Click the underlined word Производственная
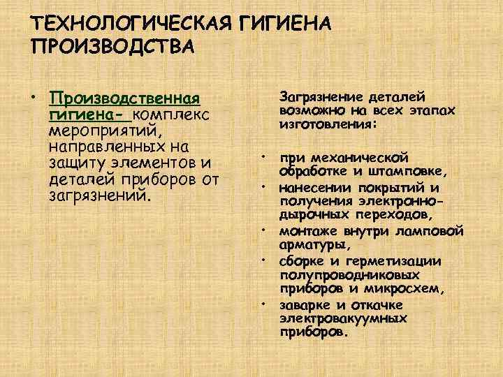point(124,98)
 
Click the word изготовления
point(328,124)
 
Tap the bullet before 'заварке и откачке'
point(264,304)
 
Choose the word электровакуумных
point(344,318)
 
